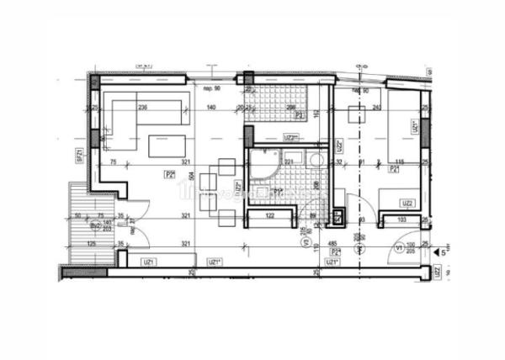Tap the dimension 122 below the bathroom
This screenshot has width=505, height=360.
(x=271, y=216)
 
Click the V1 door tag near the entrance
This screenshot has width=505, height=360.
(x=398, y=249)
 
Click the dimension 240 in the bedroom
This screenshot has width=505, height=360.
(x=377, y=107)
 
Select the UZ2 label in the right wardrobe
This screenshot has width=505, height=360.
(x=407, y=203)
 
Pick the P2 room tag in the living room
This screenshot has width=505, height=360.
(x=170, y=174)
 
